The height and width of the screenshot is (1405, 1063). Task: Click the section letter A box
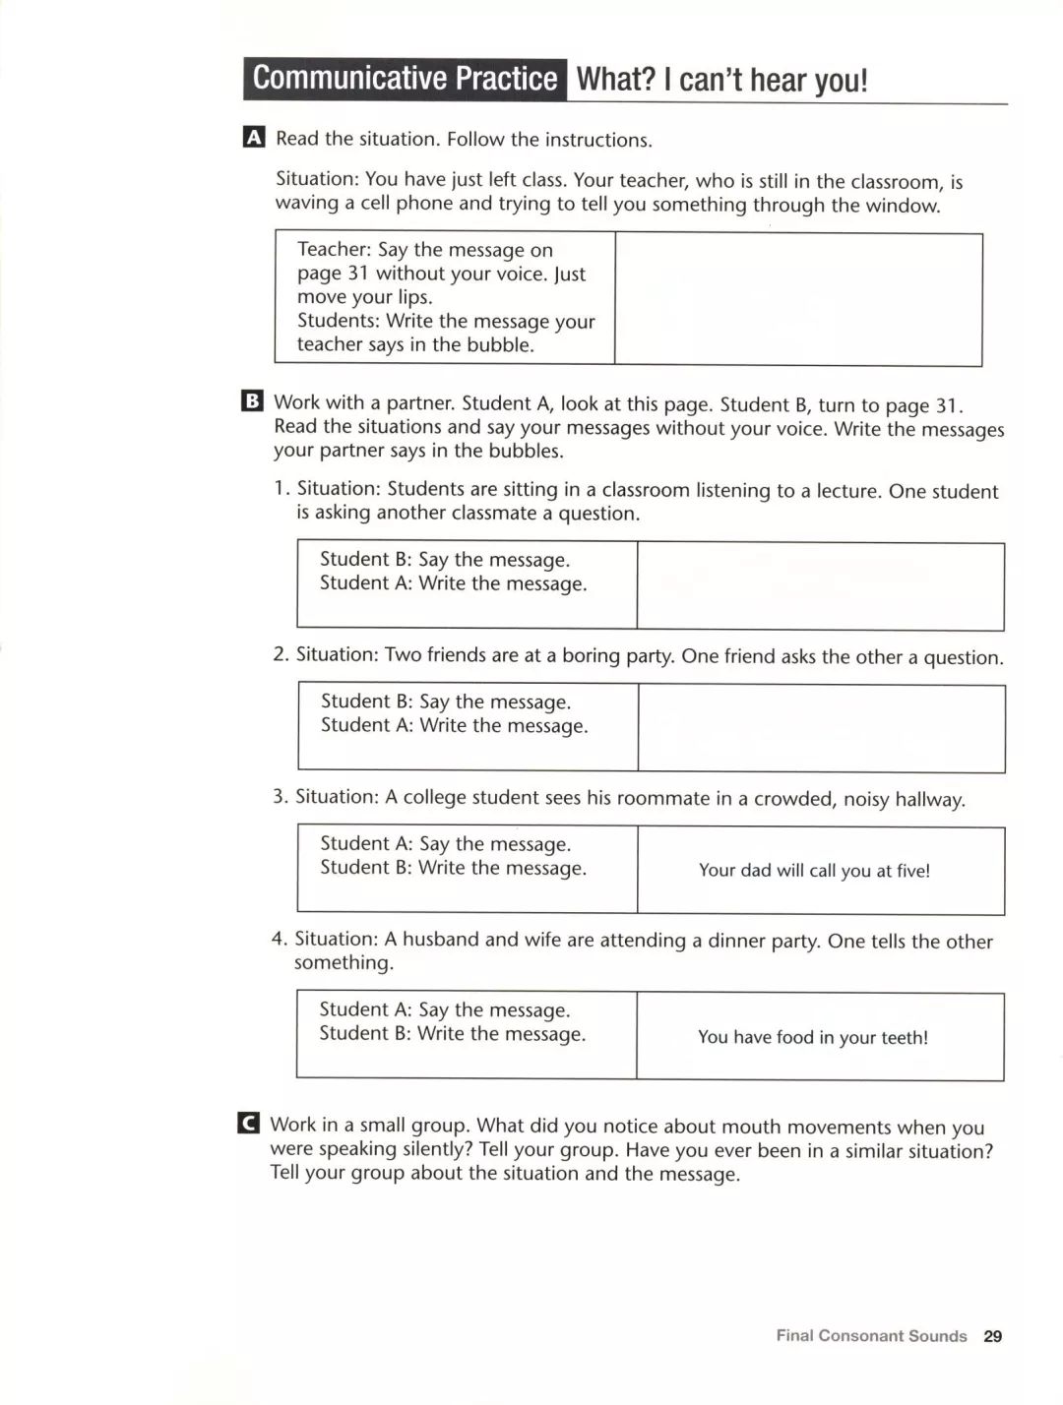tap(253, 138)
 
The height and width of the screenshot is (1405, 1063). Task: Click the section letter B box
tap(252, 401)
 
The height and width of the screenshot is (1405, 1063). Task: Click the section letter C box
tap(249, 1124)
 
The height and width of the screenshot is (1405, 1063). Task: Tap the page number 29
tap(992, 1335)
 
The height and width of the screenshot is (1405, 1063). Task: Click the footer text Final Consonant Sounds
tap(871, 1335)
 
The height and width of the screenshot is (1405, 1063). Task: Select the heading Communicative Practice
tap(405, 79)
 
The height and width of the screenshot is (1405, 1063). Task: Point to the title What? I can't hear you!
tap(721, 80)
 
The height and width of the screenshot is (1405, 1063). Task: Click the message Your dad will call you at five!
tap(814, 871)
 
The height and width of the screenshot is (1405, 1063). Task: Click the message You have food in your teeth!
tap(813, 1037)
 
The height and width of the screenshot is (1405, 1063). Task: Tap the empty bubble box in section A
tap(798, 299)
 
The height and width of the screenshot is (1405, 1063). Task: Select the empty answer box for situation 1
tap(820, 586)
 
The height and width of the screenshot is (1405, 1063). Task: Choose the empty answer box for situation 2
tap(821, 728)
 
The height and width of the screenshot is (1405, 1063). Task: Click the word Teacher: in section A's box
tap(334, 249)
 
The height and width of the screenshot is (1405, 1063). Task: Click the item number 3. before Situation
tap(281, 796)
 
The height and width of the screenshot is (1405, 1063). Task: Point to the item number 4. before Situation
tap(280, 939)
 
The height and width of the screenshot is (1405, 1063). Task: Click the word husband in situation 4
tap(440, 939)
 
